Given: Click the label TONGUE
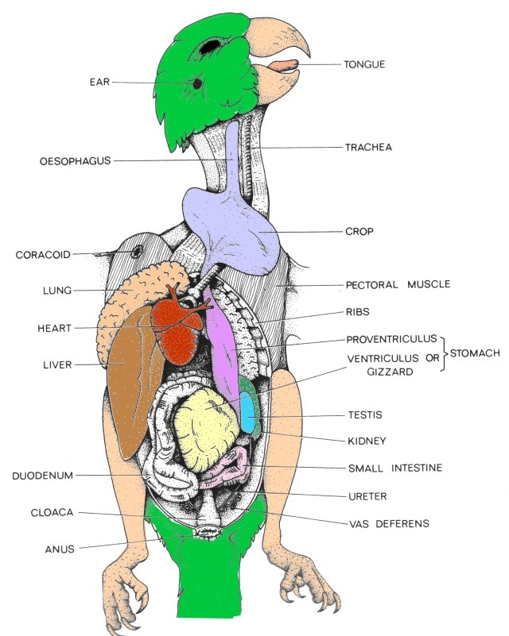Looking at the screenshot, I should click(364, 65).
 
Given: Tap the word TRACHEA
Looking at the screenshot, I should click(368, 148).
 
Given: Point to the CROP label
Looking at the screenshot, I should click(359, 232).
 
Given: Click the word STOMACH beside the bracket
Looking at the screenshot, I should click(476, 352).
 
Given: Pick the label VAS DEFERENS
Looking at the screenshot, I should click(389, 523).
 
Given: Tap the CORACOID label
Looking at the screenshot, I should click(43, 255).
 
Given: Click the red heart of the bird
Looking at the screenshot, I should click(179, 333).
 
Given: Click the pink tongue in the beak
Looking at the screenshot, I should click(282, 66).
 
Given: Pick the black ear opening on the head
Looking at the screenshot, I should click(196, 83).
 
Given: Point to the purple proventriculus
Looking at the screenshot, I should click(224, 341).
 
